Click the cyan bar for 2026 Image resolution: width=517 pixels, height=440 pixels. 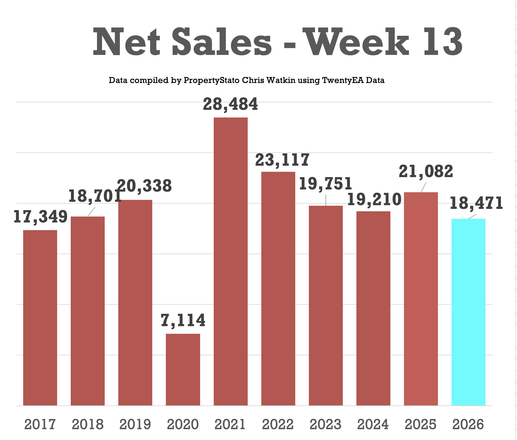tap(468, 312)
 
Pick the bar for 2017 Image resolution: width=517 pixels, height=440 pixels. tap(40, 318)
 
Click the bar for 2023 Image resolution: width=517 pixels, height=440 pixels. tap(326, 305)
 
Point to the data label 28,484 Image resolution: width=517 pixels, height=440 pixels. tap(230, 104)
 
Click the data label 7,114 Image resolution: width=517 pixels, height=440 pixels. tap(183, 320)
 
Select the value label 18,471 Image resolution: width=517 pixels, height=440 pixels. tap(476, 203)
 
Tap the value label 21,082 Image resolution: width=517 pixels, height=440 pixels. tap(426, 171)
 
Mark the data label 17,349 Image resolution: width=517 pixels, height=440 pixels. tap(40, 217)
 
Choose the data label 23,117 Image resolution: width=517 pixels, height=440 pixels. tap(282, 160)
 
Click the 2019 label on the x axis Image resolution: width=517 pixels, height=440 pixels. tap(135, 424)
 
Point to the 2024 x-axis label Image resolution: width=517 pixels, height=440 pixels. tap(373, 424)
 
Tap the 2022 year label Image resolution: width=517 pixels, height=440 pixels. tap(278, 424)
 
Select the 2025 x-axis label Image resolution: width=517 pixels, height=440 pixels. tap(421, 424)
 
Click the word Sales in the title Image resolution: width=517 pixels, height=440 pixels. tap(222, 42)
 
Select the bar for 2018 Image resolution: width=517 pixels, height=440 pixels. tap(88, 311)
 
